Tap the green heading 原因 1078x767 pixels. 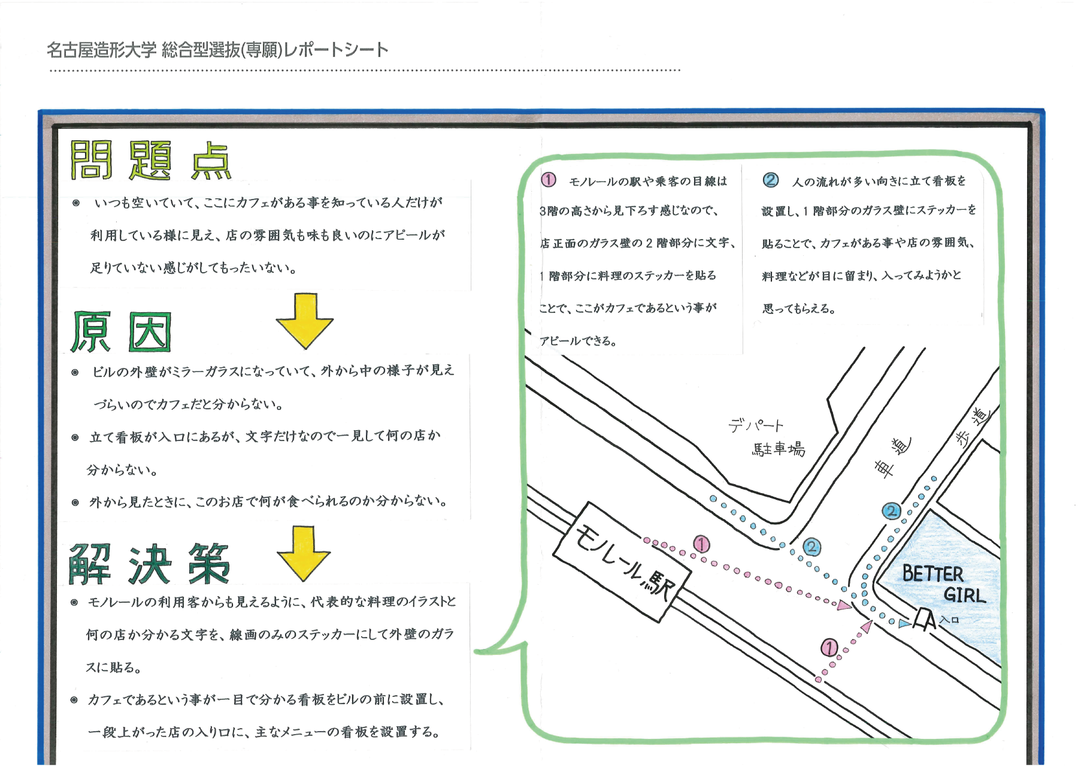tap(121, 331)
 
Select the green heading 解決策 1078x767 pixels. tap(150, 564)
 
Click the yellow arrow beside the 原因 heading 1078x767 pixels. tap(305, 321)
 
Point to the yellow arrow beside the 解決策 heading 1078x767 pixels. tap(304, 553)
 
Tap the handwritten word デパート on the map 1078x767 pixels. tap(756, 425)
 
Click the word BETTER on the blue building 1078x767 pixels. tap(932, 573)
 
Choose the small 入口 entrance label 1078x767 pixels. tap(950, 620)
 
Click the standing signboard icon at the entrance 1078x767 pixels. tap(924, 620)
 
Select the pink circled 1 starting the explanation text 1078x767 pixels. tap(548, 180)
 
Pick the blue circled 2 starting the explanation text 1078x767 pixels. tap(771, 180)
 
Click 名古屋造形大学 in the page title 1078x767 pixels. tap(101, 50)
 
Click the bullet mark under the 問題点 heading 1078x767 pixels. tap(76, 203)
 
